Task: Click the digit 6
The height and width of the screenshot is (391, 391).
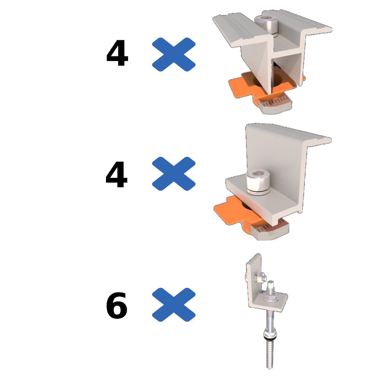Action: (117, 305)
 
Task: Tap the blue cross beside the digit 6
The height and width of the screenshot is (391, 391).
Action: (174, 305)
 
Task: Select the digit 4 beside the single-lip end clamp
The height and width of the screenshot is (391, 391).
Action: (117, 174)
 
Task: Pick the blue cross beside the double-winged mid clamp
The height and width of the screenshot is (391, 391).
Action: (174, 54)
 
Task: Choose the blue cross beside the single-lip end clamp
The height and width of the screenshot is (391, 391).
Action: (174, 174)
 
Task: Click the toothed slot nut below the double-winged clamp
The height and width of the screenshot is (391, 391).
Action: (275, 105)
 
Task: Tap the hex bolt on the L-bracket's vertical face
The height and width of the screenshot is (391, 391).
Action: (260, 277)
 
